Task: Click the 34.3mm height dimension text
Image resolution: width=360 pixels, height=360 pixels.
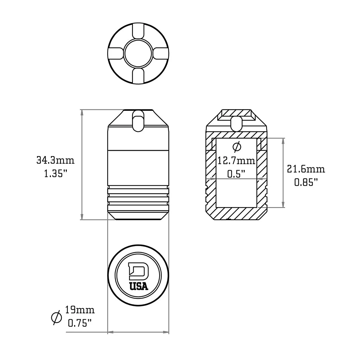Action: click(x=56, y=161)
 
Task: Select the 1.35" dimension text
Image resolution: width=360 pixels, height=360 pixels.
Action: click(x=56, y=174)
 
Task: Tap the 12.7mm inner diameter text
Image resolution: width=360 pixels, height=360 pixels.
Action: click(x=236, y=161)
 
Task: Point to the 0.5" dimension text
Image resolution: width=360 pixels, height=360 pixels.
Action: click(x=236, y=173)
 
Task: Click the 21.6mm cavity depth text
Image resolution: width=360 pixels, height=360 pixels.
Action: click(x=306, y=169)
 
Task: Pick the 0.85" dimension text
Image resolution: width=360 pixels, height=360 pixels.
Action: click(x=306, y=182)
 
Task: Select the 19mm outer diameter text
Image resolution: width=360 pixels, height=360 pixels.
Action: click(x=80, y=310)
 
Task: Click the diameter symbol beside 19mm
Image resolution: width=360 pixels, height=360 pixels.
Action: click(x=56, y=317)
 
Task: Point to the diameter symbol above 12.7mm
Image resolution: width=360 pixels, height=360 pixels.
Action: click(x=237, y=146)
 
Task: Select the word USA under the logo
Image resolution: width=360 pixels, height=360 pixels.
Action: click(x=139, y=286)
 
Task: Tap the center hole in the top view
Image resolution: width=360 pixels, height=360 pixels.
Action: click(x=138, y=53)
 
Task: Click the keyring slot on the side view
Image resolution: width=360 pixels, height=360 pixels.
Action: click(x=138, y=121)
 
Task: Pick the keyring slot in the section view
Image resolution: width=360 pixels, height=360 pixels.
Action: click(x=237, y=123)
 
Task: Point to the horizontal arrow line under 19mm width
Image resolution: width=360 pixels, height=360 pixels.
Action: click(x=138, y=332)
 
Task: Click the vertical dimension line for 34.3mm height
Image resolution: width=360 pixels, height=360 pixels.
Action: click(x=82, y=165)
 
